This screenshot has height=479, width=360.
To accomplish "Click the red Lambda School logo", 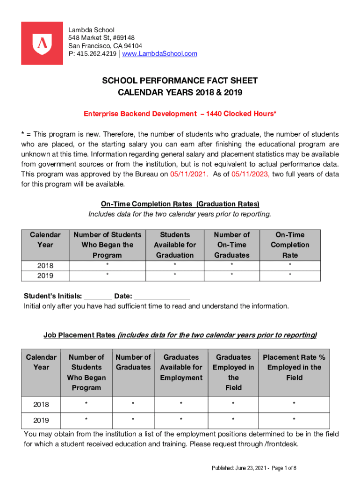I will coord(42,43).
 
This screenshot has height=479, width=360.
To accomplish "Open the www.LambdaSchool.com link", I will coord(159,54).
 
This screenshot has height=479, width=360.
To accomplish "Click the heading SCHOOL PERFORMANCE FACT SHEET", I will coord(180,81).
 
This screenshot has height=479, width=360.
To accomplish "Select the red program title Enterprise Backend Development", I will coord(140,114).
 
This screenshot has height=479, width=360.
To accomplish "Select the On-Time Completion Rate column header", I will coord(290,245).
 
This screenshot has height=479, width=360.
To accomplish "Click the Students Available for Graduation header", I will coord(175,245).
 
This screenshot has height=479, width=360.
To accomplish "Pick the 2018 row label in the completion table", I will coord(45,265).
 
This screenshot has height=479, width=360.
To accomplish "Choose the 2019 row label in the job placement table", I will coord(41,420).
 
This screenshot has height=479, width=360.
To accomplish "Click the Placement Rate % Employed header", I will coord(294,367).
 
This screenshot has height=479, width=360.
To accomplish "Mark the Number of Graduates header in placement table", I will coord(133,362).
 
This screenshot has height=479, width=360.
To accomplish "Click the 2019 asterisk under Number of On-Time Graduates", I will coord(232,276).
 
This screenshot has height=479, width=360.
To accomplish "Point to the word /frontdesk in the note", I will coord(280,444).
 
